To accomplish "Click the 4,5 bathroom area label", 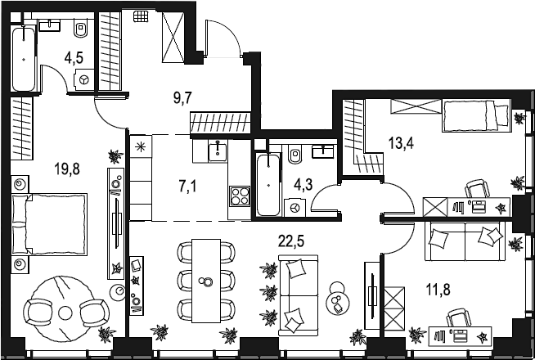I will [x=74, y=58].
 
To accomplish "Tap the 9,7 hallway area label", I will [x=182, y=97].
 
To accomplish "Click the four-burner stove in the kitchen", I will [x=240, y=196].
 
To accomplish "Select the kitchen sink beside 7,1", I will [x=218, y=151].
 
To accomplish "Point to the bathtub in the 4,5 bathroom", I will [x=25, y=58].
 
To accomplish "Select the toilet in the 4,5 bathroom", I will [x=81, y=31].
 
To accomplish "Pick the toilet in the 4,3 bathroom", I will [x=296, y=153].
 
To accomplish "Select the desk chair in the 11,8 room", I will [x=464, y=318].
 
